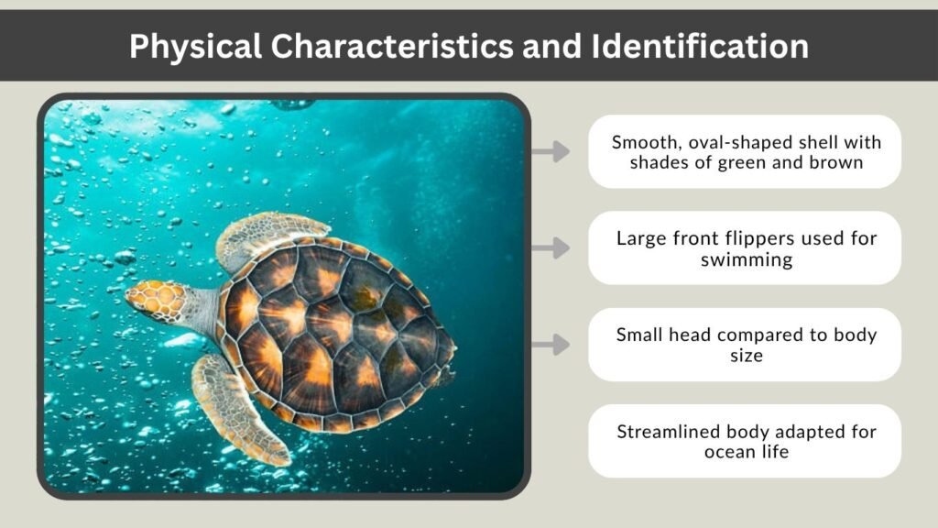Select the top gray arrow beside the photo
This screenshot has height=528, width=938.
point(551,151)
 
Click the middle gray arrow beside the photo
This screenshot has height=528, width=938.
point(551,247)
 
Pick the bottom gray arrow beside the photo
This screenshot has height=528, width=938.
point(551,345)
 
